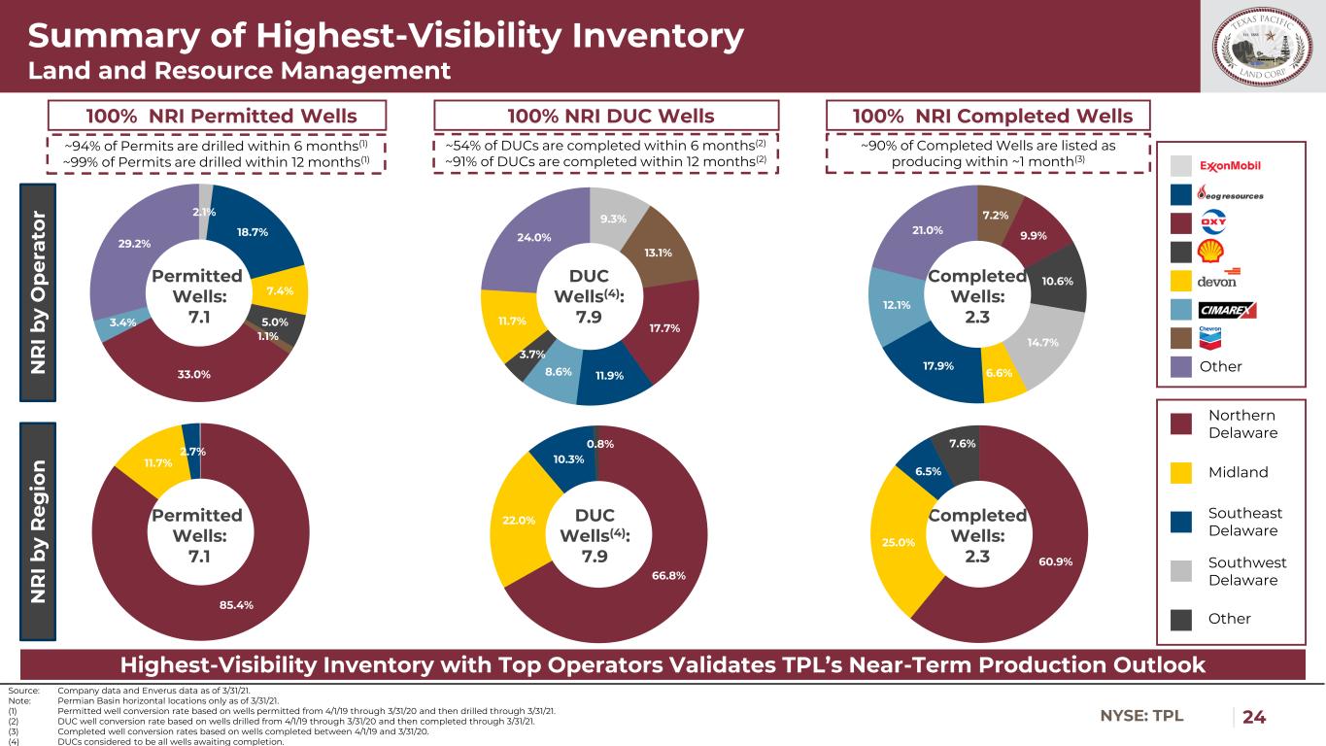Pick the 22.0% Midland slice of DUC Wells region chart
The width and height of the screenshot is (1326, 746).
point(519,521)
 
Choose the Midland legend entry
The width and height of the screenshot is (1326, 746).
point(1239,472)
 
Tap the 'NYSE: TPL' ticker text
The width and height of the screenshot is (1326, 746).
point(1141,717)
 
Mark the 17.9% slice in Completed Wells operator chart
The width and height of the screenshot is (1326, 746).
point(934,366)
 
